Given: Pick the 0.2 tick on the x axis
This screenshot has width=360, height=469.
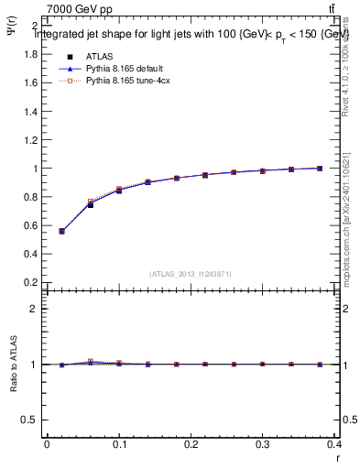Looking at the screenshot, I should click(191, 444).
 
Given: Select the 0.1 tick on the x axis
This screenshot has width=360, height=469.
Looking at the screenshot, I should click(119, 444).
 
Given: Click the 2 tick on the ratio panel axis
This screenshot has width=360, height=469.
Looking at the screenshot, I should click(36, 309).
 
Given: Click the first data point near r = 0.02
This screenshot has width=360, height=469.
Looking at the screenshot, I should click(61, 231).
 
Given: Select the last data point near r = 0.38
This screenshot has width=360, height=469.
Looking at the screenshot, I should click(320, 169).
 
